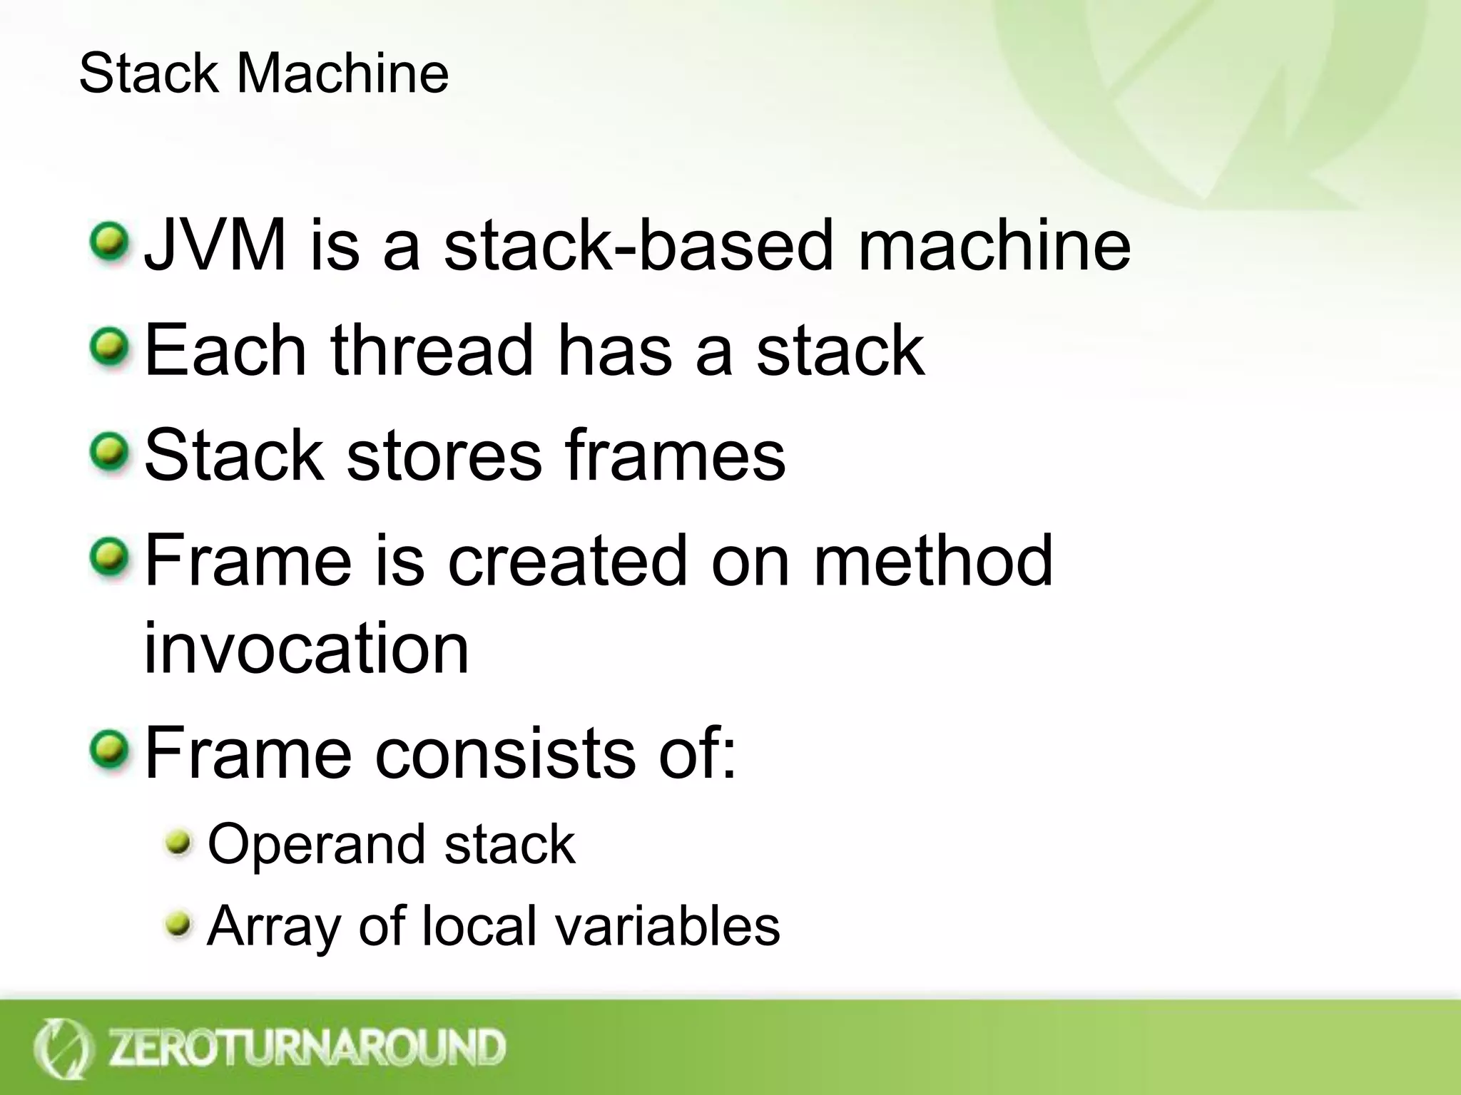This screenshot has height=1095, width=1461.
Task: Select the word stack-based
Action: click(x=638, y=245)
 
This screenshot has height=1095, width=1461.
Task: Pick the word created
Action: click(x=567, y=561)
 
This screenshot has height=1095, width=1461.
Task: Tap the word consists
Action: click(x=504, y=754)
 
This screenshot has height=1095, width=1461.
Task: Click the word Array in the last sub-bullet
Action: click(x=272, y=927)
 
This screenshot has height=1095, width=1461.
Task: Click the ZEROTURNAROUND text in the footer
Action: click(x=307, y=1047)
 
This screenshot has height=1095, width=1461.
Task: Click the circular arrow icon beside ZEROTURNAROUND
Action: click(x=62, y=1048)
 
